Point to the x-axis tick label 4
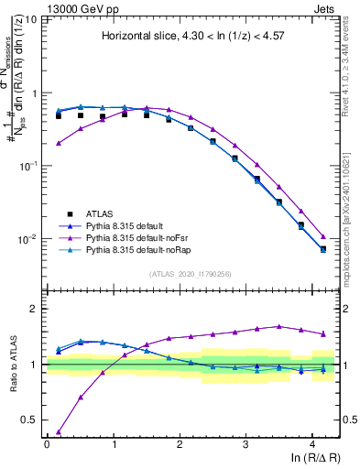311,443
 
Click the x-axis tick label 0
47,443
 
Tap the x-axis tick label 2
180,443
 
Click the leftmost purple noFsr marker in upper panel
59,143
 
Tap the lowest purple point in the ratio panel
59,431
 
